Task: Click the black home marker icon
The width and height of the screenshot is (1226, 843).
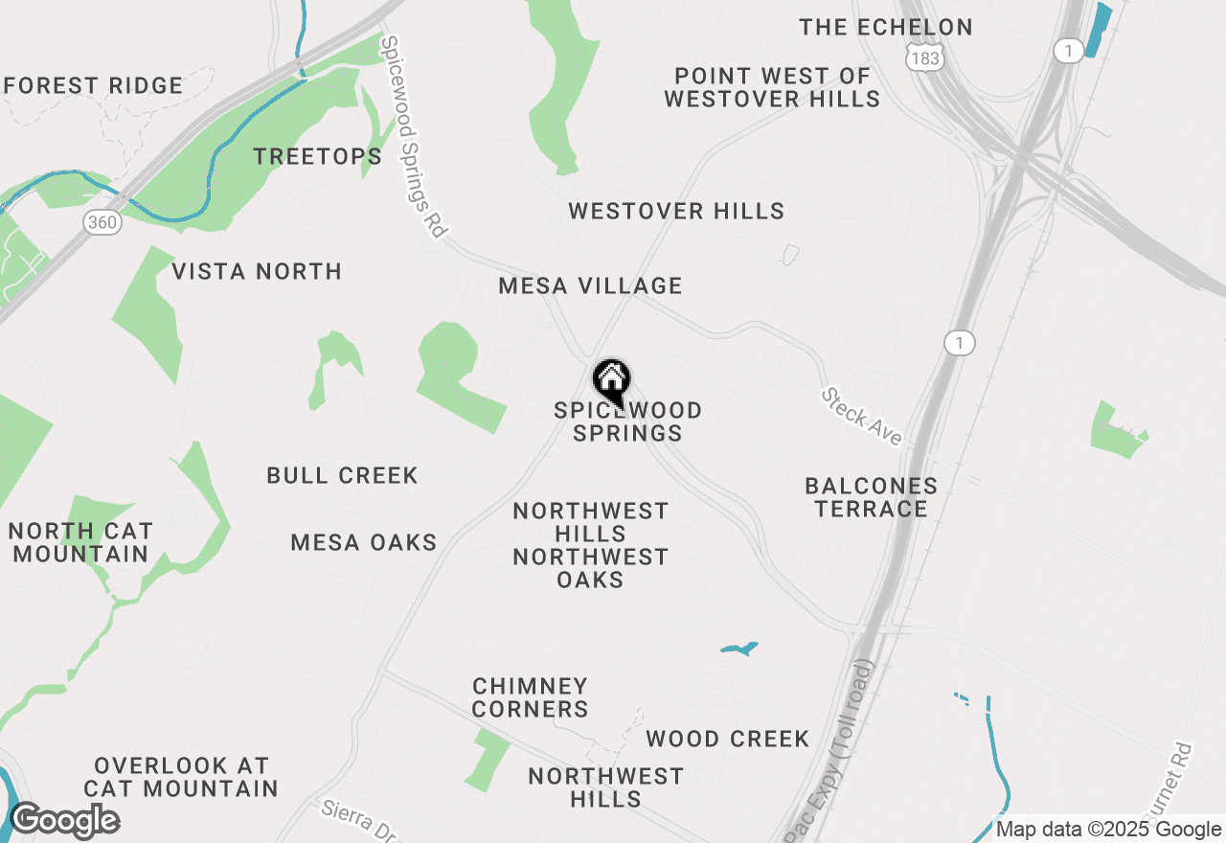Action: tap(611, 382)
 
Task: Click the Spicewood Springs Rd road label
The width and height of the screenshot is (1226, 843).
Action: tap(415, 137)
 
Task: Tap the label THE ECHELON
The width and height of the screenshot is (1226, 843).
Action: tap(886, 27)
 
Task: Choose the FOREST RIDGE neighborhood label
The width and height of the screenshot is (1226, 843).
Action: tap(93, 85)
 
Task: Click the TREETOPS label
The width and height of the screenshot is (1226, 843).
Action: tap(317, 156)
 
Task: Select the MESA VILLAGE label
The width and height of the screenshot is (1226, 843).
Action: tap(590, 285)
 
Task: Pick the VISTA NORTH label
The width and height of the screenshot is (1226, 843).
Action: tap(257, 271)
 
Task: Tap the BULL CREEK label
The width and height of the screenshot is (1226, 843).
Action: tap(342, 475)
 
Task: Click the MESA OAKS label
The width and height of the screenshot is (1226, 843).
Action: tap(364, 542)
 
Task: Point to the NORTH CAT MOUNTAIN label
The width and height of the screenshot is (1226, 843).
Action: tap(80, 542)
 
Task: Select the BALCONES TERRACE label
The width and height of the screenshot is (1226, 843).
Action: tap(871, 497)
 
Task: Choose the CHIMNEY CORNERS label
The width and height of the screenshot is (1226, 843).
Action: tap(530, 697)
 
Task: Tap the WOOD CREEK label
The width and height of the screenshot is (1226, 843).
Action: tap(728, 739)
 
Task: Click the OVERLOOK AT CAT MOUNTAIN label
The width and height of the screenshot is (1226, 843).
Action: tap(181, 777)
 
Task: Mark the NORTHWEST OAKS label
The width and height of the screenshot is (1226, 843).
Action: tap(590, 568)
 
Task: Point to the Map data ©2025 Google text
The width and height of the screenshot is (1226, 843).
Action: tap(1108, 830)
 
